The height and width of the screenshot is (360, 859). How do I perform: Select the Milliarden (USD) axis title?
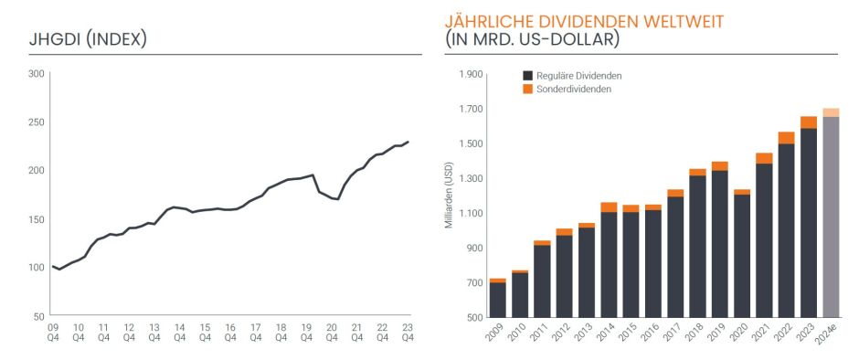450,196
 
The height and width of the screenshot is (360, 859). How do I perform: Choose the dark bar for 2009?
498,300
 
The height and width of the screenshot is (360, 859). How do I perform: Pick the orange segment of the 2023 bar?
809,122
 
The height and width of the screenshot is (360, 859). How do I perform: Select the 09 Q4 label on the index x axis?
53,332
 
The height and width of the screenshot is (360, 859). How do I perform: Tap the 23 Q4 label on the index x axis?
408,332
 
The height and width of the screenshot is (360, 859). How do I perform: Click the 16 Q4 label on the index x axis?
230,332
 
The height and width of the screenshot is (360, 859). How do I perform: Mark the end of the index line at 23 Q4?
408,142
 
